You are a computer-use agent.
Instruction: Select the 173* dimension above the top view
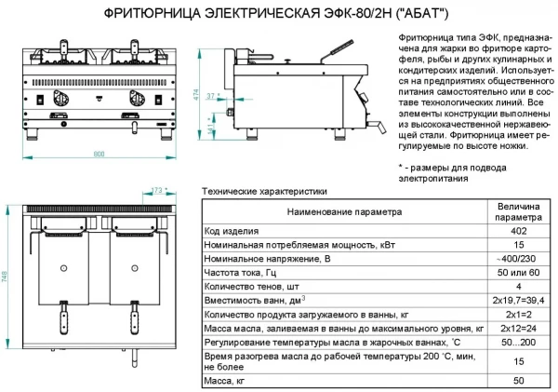point(158,191)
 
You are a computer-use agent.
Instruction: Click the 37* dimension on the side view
point(211,96)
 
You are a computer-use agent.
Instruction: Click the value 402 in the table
point(518,230)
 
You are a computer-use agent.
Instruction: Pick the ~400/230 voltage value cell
point(518,258)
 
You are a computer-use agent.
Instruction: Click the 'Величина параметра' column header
point(518,211)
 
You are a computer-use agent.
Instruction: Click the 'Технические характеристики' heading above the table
point(263,191)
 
